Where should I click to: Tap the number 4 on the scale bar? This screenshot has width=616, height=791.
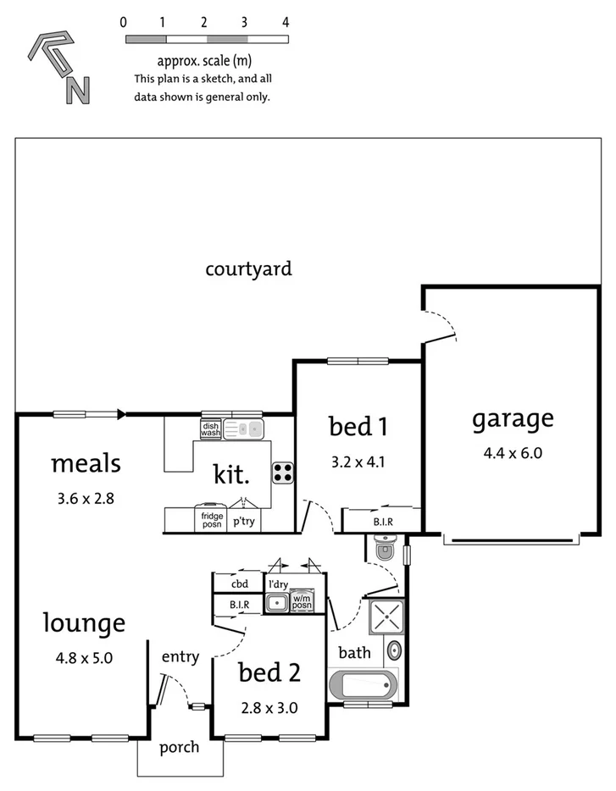pos(286,23)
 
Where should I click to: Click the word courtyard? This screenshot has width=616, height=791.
pos(248,269)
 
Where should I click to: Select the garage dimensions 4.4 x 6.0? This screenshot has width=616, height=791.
pos(513,452)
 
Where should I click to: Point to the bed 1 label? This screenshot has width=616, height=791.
pos(358,426)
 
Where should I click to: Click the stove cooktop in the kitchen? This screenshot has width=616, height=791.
pos(282,473)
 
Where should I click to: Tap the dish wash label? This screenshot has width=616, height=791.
pos(211,429)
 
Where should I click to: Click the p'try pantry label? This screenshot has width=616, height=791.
pos(244,521)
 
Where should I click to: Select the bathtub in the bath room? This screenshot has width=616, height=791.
pos(363,684)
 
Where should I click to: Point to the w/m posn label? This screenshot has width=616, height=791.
pos(302,603)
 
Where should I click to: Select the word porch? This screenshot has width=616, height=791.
pos(180,747)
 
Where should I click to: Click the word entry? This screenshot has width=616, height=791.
pos(180,656)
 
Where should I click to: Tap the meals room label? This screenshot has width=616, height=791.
pos(86,464)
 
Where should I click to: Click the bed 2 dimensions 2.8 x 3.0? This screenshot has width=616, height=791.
pos(269,707)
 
